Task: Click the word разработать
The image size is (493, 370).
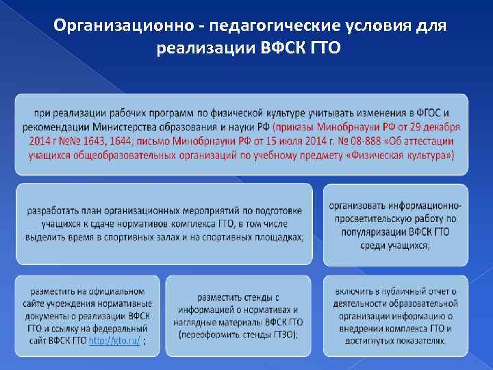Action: [55, 210]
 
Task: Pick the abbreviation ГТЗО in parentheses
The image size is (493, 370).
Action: [288, 334]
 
